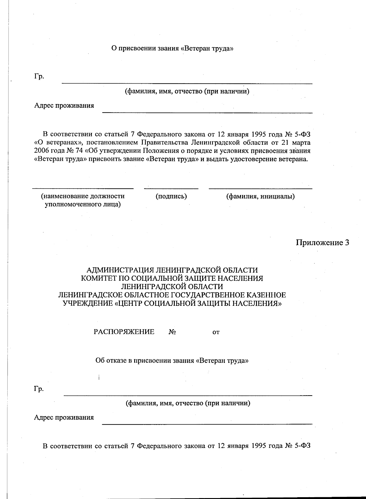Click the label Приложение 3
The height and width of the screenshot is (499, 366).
pyautogui.click(x=322, y=243)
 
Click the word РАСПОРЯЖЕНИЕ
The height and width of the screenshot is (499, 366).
pyautogui.click(x=124, y=332)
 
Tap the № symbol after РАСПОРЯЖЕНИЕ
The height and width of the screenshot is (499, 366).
pyautogui.click(x=172, y=332)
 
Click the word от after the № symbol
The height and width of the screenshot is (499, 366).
pyautogui.click(x=216, y=332)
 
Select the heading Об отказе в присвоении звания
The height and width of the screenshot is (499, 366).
pyautogui.click(x=172, y=360)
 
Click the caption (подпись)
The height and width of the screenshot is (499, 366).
pyautogui.click(x=171, y=196)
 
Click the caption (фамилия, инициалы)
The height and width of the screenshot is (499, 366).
pyautogui.click(x=260, y=196)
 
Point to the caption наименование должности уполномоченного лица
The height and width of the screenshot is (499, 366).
pyautogui.click(x=83, y=200)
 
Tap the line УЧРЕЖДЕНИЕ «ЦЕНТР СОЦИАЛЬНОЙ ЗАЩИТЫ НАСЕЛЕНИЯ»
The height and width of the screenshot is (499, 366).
pyautogui.click(x=172, y=303)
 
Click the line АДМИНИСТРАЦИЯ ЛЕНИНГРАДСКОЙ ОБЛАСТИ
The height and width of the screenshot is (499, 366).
pyautogui.click(x=172, y=270)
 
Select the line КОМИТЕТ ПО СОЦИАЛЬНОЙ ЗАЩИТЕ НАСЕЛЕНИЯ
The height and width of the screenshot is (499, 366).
pyautogui.click(x=172, y=278)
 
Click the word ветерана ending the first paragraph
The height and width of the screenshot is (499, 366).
pyautogui.click(x=293, y=159)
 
